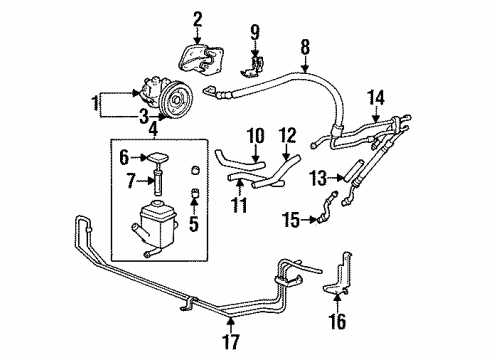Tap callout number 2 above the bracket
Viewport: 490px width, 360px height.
tap(197, 17)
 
